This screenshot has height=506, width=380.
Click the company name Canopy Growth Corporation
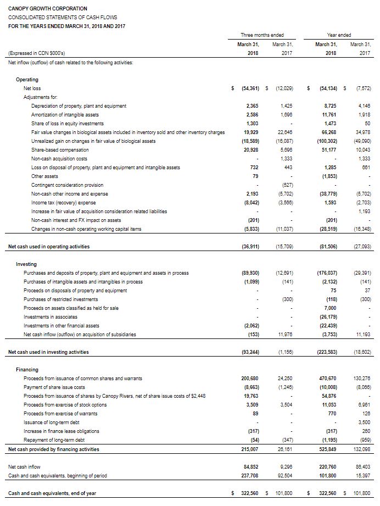[48, 9]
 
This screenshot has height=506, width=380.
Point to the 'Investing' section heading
[26, 264]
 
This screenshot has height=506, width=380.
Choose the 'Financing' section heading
[27, 370]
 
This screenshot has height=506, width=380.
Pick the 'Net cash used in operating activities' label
[49, 247]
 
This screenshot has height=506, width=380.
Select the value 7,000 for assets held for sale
[329, 308]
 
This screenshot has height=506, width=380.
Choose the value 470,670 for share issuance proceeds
[327, 379]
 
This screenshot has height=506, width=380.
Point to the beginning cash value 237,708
[250, 475]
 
